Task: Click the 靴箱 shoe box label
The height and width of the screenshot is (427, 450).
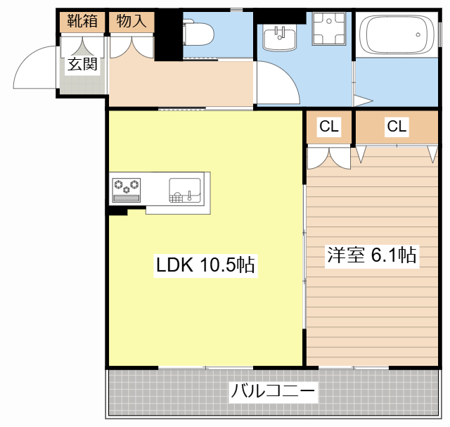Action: click(x=82, y=21)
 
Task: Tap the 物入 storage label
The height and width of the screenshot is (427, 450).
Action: click(x=131, y=21)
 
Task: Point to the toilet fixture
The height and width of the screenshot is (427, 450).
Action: click(x=200, y=32)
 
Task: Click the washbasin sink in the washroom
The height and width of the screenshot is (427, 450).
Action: click(x=279, y=37)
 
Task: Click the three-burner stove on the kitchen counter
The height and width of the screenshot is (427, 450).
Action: click(x=126, y=187)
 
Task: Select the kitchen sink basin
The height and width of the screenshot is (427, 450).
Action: click(x=184, y=189)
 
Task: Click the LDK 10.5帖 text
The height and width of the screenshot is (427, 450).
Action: click(x=205, y=265)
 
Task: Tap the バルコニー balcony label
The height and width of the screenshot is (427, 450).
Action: click(x=274, y=391)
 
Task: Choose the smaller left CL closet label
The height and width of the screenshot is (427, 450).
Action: click(x=329, y=127)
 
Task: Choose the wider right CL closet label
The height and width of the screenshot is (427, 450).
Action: click(x=397, y=127)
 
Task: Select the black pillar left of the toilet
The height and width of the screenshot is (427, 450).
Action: click(x=169, y=35)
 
